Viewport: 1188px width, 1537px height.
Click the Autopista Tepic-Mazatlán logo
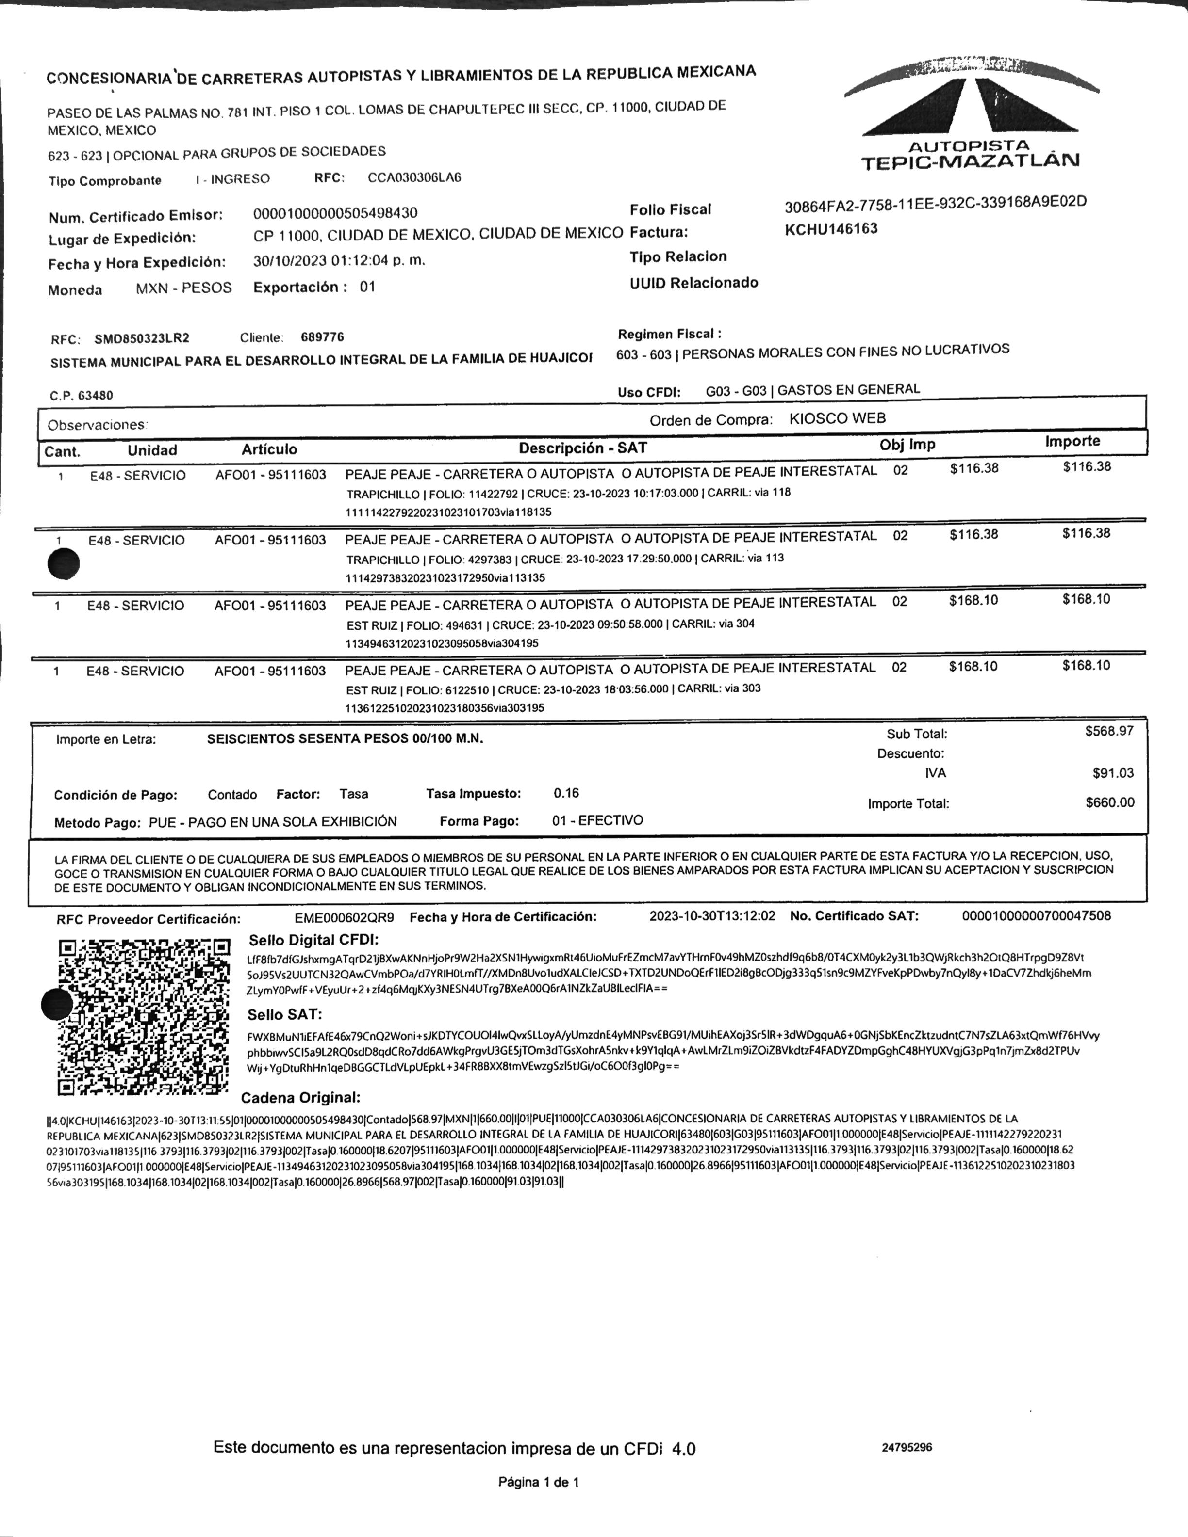click(971, 116)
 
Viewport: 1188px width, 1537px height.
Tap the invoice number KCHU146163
click(831, 229)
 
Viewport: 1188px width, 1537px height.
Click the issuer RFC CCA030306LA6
click(414, 177)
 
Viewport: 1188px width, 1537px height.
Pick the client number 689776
click(322, 337)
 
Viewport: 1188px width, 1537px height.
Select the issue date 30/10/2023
click(289, 260)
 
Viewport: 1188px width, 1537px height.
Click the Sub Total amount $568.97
click(1109, 731)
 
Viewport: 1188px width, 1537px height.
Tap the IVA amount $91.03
click(1113, 773)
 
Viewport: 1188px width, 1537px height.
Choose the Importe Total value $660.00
click(1110, 802)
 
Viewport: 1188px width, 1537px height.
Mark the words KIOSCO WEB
click(837, 418)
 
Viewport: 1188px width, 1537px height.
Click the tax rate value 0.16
click(566, 793)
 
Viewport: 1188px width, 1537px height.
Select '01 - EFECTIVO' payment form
click(597, 820)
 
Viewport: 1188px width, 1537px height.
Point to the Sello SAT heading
click(284, 1014)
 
